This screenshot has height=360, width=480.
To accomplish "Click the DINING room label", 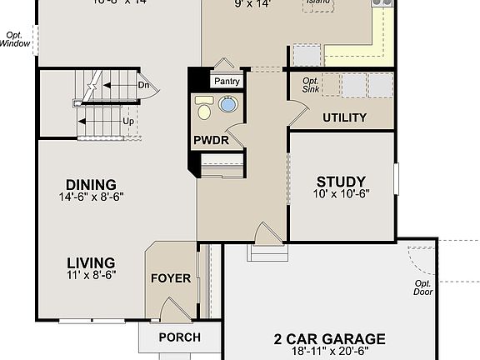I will click(92, 185).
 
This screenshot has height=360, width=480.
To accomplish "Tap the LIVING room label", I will click(92, 262).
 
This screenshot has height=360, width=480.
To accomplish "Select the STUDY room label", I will click(342, 182).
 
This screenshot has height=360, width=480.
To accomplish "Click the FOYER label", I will click(170, 278).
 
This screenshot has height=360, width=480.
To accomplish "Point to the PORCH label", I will click(179, 337).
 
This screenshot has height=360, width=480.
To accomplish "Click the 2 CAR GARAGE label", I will click(330, 339).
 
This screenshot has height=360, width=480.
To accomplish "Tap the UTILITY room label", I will click(344, 117).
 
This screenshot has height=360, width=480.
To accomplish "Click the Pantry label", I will click(227, 82).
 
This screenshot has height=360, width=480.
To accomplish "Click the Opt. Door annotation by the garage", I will click(424, 287).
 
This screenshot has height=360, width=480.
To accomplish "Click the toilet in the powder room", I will click(204, 107).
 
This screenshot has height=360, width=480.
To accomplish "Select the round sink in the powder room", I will click(227, 105).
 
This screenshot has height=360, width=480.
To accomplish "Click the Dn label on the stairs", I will click(143, 84).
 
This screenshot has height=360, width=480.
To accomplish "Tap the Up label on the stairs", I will click(128, 120).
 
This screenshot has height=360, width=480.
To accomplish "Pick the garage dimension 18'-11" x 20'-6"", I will click(330, 352).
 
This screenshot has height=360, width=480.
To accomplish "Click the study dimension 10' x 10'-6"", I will click(342, 194).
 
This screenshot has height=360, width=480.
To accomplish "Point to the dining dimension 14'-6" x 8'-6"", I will click(92, 197).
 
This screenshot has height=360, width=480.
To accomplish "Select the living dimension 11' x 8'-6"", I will click(92, 274).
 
